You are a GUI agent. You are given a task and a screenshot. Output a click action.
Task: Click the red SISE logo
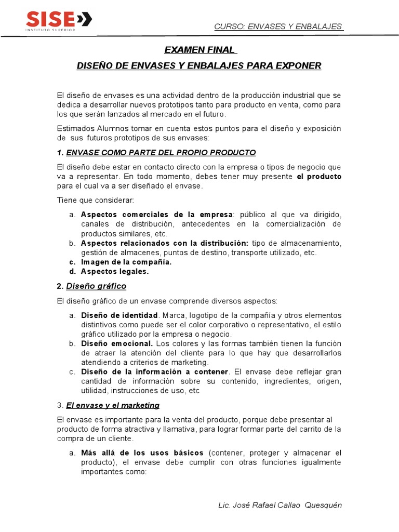(x=59, y=19)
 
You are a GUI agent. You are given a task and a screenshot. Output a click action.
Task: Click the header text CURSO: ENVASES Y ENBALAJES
(x=278, y=26)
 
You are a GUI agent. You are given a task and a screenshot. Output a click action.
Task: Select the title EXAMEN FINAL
(x=200, y=50)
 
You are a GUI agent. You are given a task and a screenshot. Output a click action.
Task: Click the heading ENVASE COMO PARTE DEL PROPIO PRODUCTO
(x=161, y=153)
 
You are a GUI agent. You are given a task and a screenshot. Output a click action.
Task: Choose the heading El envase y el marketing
(x=113, y=405)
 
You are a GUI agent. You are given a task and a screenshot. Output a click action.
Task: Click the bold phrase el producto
(x=319, y=177)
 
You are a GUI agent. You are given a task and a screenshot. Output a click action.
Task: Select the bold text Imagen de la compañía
(x=126, y=262)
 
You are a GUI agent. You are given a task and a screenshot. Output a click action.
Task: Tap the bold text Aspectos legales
(x=115, y=271)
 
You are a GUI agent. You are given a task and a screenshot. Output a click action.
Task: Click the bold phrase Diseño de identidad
(x=119, y=315)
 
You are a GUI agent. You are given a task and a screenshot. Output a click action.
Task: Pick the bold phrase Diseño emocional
(x=117, y=343)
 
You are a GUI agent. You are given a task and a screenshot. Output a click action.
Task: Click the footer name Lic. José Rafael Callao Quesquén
(x=280, y=506)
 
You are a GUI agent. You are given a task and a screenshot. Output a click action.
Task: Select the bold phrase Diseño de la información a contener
(x=154, y=372)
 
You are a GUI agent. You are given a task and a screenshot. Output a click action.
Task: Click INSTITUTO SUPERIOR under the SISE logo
(x=50, y=30)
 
